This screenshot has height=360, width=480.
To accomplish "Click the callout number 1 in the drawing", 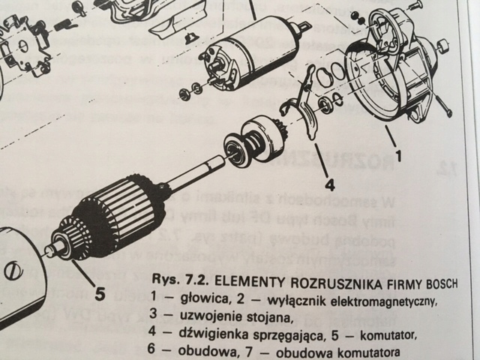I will click(399, 157).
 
